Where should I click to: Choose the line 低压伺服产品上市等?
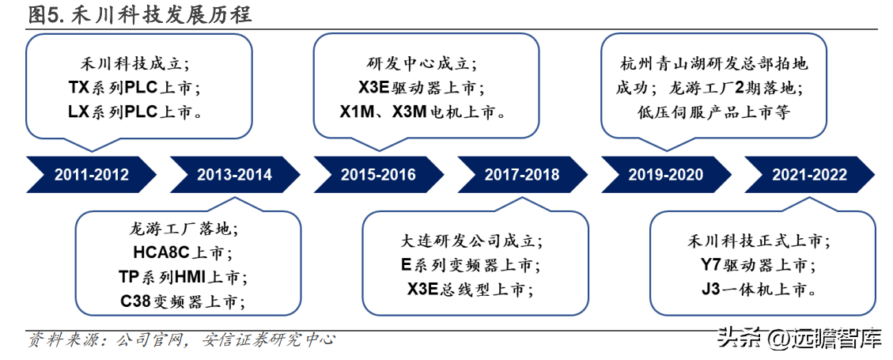(x=713, y=112)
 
